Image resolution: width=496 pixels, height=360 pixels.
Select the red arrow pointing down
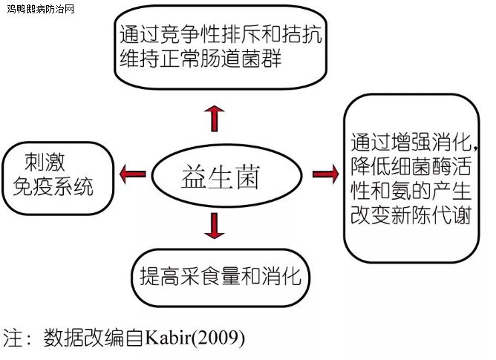(x=215, y=226)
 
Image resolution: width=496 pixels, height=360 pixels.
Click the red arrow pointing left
(x=133, y=174)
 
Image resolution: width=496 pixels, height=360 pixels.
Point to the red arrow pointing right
(x=325, y=174)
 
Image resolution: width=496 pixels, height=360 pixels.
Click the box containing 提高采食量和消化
(x=221, y=278)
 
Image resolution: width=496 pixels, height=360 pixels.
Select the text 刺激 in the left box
(x=45, y=162)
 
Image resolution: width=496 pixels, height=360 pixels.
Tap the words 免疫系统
(x=53, y=186)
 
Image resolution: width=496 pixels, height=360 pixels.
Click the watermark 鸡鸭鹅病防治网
(x=41, y=9)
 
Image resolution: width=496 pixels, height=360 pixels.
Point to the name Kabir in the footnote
(x=168, y=338)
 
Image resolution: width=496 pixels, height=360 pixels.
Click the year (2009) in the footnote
(x=218, y=338)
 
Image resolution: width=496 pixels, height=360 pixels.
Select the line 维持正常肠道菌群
(x=200, y=58)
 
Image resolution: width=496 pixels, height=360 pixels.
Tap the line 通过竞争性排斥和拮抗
(x=221, y=34)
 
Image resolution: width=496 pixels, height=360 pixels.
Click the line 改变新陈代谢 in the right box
(x=411, y=215)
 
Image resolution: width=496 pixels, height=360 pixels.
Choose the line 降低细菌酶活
(x=411, y=166)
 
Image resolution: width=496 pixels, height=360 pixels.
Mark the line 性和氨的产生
(x=411, y=191)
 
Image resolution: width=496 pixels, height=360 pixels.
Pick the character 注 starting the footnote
(x=13, y=338)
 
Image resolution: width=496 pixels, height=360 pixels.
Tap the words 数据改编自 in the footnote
(x=94, y=338)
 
